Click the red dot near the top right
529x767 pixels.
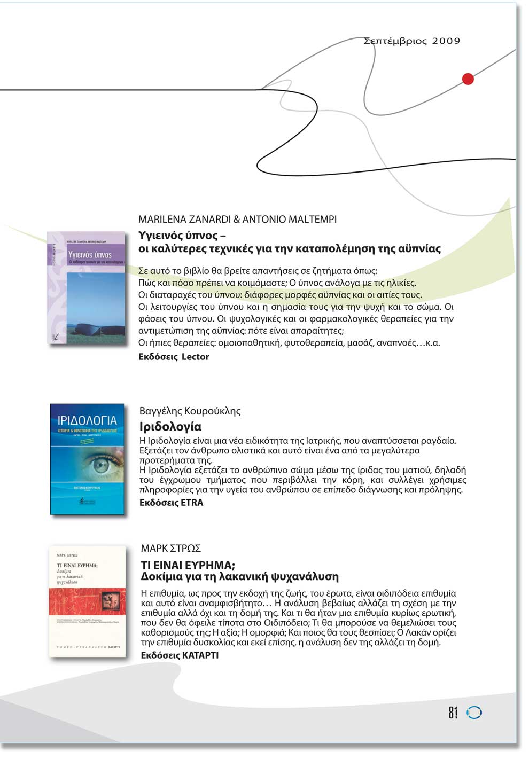pos(468,79)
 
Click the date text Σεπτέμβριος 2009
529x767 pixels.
pos(411,41)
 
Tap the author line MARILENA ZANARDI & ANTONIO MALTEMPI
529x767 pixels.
pos(237,220)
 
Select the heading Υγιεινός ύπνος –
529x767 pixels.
pos(182,236)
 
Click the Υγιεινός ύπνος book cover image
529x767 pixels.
pos(85,288)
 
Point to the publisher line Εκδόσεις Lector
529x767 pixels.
pos(174,357)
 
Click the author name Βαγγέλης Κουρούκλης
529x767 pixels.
pos(190,411)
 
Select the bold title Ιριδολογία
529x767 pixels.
pos(170,427)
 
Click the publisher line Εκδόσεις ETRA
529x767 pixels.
pos(171,503)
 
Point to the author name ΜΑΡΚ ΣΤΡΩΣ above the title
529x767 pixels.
pos(170,549)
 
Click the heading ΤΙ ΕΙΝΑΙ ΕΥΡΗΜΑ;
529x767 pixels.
pos(188,565)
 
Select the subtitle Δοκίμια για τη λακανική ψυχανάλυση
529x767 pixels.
pos(239,577)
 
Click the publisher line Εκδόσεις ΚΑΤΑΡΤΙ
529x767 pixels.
pos(180,655)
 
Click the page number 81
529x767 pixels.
pos(453,713)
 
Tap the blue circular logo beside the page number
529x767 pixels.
pos(474,713)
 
